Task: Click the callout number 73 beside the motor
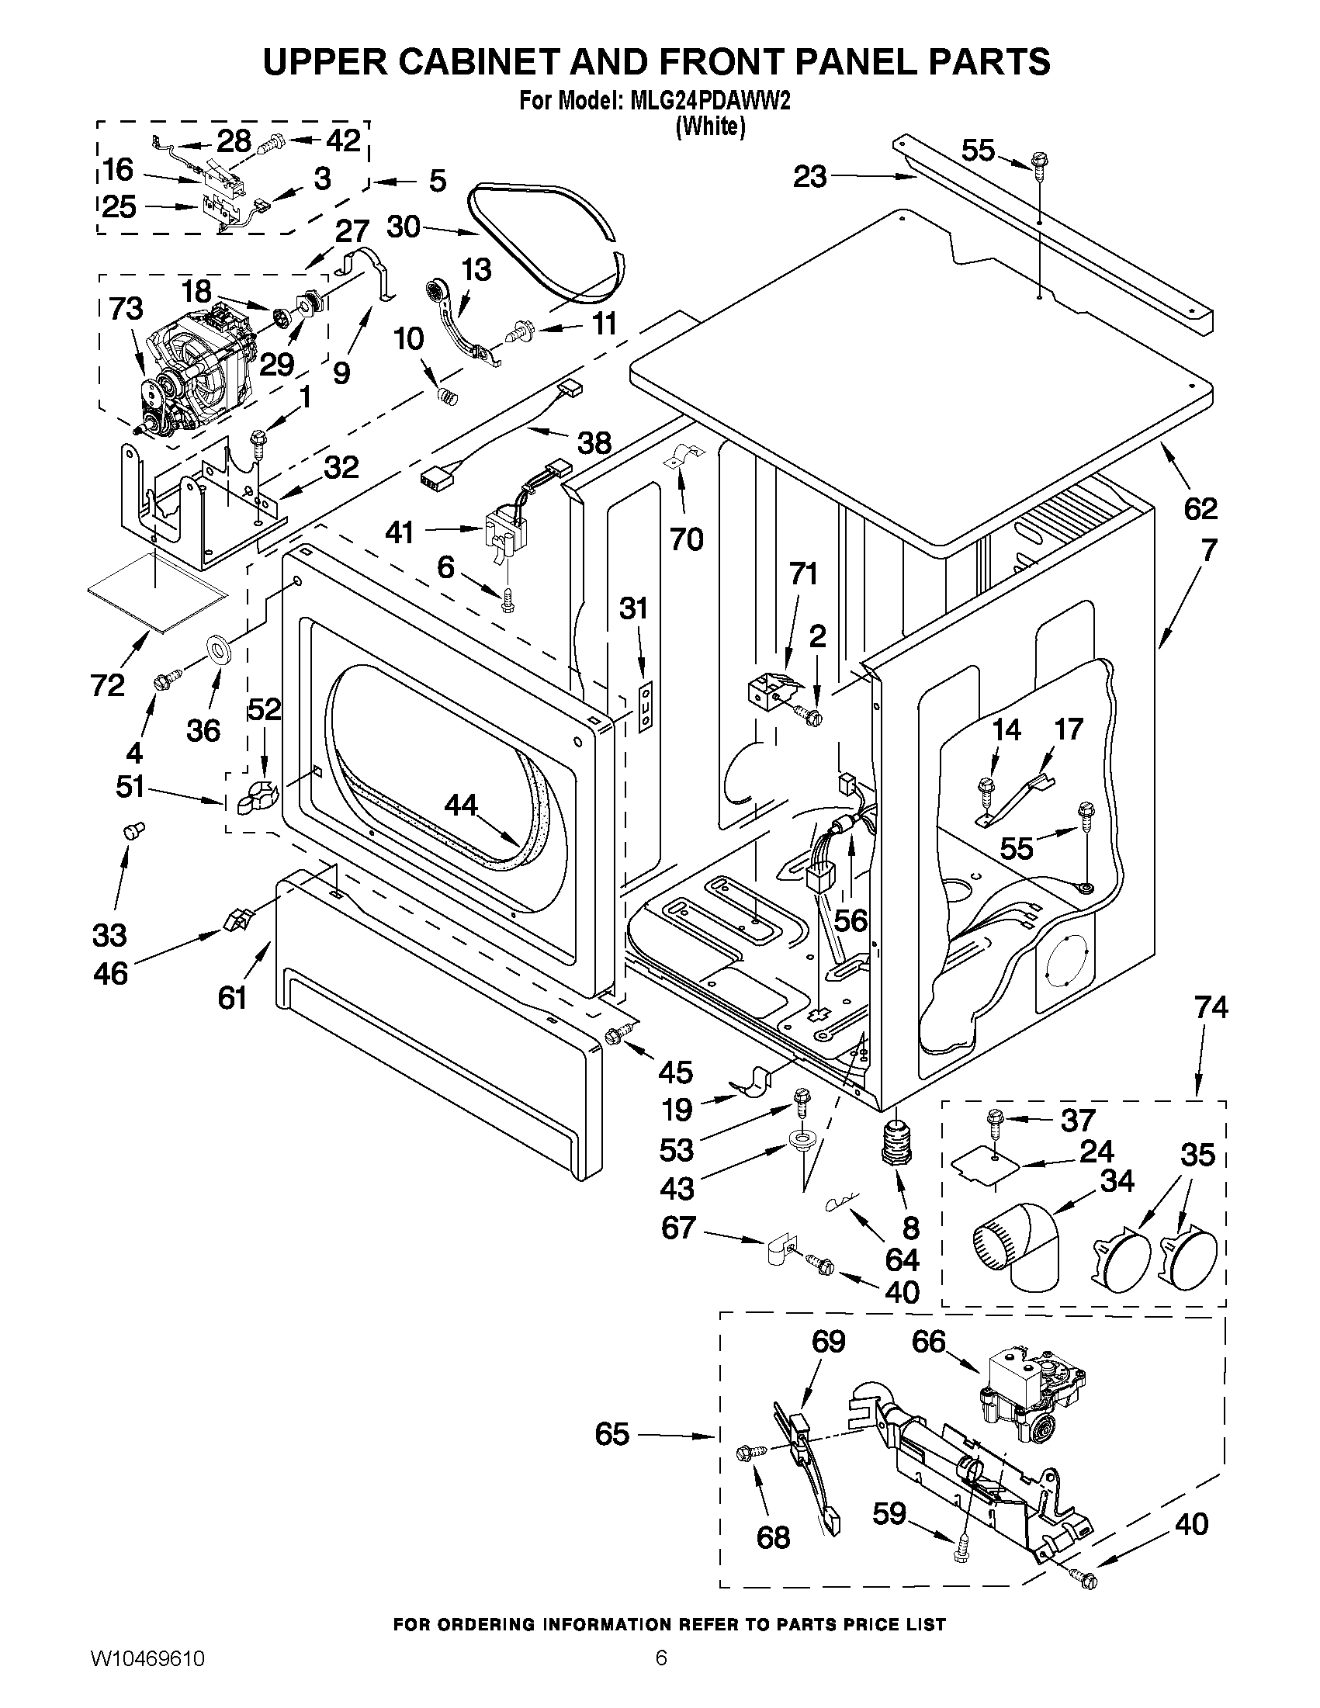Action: [x=126, y=310]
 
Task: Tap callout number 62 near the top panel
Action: [x=1200, y=509]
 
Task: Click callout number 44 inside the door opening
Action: [x=461, y=805]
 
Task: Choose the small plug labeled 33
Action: [x=132, y=830]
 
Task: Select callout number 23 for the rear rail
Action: [x=809, y=177]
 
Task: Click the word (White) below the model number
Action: [x=710, y=126]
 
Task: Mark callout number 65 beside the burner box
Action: [x=611, y=1434]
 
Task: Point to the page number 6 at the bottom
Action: [x=661, y=1677]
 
